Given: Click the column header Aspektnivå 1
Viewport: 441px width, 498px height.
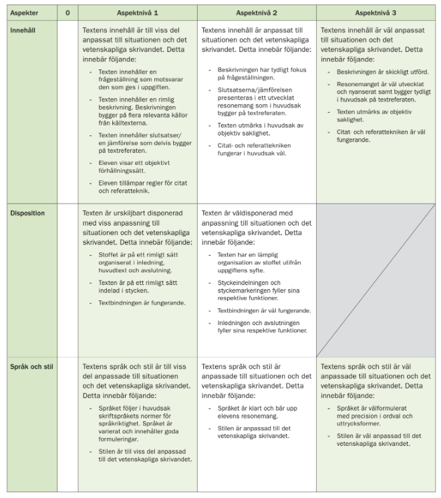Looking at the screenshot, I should click(x=137, y=13).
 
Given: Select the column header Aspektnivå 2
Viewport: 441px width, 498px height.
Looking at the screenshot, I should click(x=256, y=13).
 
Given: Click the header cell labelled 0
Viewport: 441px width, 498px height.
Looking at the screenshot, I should click(x=67, y=13).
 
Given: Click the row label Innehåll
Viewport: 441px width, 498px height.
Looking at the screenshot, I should click(x=25, y=31).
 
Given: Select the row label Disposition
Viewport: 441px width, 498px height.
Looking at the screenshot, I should click(x=27, y=213).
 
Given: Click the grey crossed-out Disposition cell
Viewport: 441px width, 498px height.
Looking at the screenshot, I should click(x=376, y=280).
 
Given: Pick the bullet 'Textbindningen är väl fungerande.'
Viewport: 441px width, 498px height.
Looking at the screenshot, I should click(x=264, y=310).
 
